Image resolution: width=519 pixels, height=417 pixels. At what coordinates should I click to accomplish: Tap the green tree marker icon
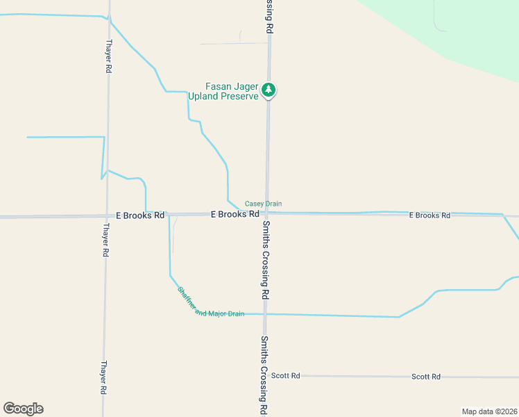269,90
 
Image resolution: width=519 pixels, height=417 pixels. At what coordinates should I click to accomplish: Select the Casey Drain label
263,204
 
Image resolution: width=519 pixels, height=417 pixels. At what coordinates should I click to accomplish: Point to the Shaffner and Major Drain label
210,302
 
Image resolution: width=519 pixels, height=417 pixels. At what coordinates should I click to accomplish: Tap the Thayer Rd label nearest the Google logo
103,377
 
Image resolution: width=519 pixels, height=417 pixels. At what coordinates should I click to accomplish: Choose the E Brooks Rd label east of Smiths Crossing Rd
429,215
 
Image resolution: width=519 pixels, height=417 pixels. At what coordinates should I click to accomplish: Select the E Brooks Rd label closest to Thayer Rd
140,215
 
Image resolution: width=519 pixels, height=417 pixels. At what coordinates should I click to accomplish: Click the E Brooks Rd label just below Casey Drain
235,215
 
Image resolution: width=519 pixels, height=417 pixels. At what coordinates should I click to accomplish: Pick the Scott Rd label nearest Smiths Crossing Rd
285,376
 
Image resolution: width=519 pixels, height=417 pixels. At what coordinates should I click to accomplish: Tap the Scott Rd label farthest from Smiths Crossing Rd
426,377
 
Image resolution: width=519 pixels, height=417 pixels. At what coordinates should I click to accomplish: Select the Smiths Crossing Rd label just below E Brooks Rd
265,259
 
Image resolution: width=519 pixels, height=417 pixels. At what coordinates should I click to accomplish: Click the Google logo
23,409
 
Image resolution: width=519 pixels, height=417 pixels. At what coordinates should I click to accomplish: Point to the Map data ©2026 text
489,411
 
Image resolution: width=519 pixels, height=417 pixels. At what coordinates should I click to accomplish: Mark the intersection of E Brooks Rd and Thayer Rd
106,216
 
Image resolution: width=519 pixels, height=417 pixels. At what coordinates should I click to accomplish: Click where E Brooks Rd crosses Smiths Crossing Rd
266,214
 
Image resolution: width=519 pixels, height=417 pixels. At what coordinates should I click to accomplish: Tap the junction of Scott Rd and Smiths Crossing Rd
264,376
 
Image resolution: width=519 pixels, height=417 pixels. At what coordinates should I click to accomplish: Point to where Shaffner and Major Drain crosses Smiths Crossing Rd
265,314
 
